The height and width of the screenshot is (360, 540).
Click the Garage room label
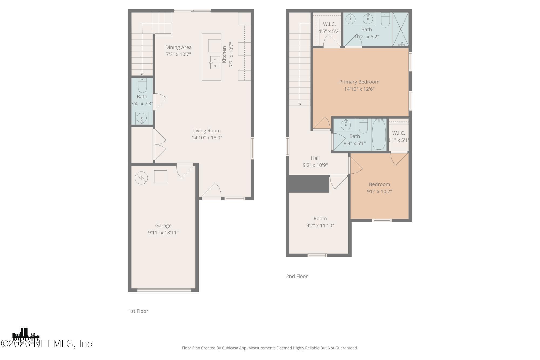pos(163,226)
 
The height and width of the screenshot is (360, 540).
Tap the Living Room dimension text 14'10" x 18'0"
pos(207,138)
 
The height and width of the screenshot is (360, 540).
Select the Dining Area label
pos(178,47)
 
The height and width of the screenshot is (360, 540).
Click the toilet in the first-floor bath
pos(142,86)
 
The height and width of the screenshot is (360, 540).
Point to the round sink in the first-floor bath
pos(141,118)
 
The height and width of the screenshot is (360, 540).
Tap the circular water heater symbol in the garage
pos(141,178)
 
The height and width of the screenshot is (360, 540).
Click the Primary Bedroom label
pos(359,82)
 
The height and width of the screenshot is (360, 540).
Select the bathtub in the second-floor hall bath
pos(379,135)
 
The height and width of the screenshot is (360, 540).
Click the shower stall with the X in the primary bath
pos(400,29)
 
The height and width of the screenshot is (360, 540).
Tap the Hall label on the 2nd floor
pos(315,158)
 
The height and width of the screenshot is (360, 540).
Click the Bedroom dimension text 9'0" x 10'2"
pos(379,191)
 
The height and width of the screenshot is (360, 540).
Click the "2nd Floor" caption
pos(297,276)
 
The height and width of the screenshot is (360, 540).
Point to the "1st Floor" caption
pos(138,311)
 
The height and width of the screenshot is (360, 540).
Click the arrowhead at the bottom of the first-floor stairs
pos(142,74)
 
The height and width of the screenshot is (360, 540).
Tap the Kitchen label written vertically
pos(224,54)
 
